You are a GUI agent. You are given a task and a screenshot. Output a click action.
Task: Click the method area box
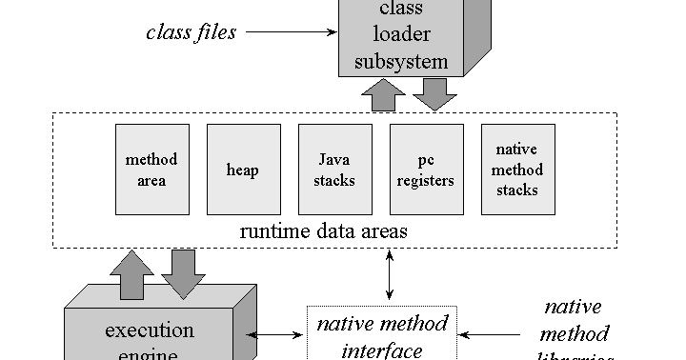click(151, 170)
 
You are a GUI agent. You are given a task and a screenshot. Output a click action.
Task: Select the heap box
click(243, 170)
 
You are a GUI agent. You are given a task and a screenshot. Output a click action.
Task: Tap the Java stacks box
click(334, 170)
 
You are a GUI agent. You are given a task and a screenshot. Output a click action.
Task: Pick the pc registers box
click(426, 170)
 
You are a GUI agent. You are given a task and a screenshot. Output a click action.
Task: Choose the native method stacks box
click(517, 170)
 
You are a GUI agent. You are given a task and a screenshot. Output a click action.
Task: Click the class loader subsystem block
click(400, 38)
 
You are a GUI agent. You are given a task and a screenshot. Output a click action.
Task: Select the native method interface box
click(382, 335)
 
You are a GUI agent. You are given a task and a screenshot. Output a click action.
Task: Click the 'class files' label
click(192, 31)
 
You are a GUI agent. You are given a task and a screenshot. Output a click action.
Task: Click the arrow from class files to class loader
click(291, 32)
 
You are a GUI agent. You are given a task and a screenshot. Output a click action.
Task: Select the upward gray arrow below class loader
click(384, 94)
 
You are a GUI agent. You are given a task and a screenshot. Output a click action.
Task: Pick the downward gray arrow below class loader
click(434, 93)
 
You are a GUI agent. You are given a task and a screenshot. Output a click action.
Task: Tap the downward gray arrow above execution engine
click(182, 271)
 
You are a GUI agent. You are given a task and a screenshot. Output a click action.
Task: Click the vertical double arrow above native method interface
click(388, 276)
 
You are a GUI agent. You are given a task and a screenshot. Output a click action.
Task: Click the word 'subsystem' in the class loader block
click(400, 63)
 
